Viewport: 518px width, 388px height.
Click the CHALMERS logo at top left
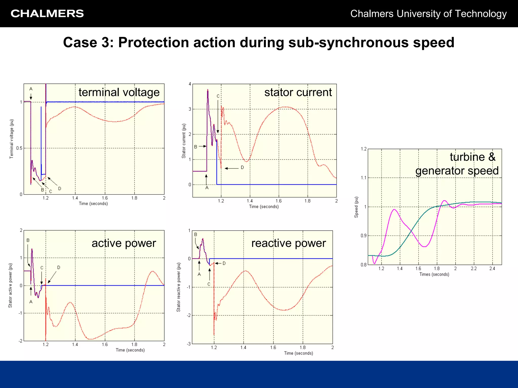(47, 14)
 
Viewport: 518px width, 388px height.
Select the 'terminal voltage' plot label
(119, 92)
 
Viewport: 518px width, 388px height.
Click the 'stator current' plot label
(298, 92)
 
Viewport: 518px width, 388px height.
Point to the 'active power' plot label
(124, 243)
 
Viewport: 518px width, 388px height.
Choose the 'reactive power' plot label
(288, 243)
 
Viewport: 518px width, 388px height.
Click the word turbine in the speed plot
(467, 157)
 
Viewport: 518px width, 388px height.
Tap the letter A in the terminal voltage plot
(31, 89)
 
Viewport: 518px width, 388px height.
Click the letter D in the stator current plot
(242, 167)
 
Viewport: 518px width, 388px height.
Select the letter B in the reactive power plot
(196, 234)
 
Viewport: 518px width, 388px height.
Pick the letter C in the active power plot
(42, 268)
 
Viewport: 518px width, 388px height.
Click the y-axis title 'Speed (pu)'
(356, 207)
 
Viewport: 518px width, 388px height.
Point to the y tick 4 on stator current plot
(190, 84)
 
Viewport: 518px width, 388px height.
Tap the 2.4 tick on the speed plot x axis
(492, 269)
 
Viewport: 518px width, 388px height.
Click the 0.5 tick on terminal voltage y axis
(19, 148)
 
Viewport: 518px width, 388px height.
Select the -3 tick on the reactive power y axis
(189, 344)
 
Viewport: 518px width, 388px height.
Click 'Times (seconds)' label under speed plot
(434, 274)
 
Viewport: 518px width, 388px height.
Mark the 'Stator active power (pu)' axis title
(10, 285)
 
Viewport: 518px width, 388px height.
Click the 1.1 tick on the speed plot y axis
(363, 178)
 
